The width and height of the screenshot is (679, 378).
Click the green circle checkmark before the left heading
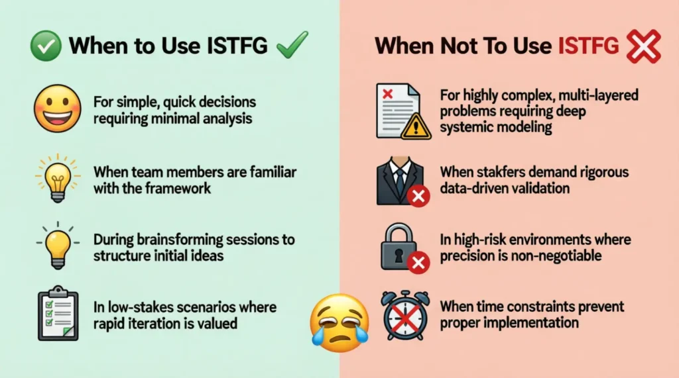[x=45, y=46]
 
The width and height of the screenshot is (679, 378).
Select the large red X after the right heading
[x=643, y=46]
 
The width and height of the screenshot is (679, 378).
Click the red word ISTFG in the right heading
[x=588, y=46]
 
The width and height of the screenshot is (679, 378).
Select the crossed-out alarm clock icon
[x=404, y=314]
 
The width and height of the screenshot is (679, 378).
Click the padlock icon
[x=401, y=247]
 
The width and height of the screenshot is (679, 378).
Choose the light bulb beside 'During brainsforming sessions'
[x=56, y=246]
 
